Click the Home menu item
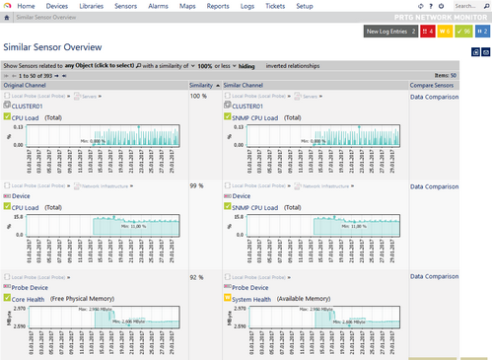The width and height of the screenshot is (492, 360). coord(26,6)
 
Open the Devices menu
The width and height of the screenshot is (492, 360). coord(71,6)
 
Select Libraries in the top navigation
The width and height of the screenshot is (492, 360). coord(117,6)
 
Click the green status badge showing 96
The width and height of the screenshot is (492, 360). coord(460,31)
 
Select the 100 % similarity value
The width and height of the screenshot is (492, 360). coord(198,96)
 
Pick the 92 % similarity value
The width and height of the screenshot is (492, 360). coord(197,278)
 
